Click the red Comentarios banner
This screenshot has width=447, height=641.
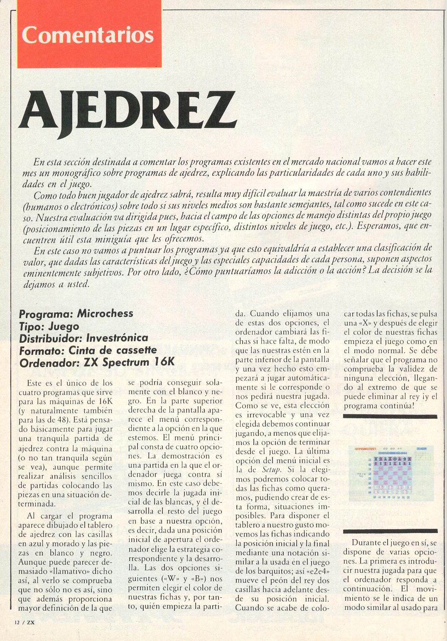click(89, 34)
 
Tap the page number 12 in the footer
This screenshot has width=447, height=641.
click(17, 621)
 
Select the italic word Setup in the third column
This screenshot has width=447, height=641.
click(271, 470)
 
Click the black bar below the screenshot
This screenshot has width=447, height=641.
click(390, 531)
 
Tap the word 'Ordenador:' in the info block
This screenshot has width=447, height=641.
click(49, 362)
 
